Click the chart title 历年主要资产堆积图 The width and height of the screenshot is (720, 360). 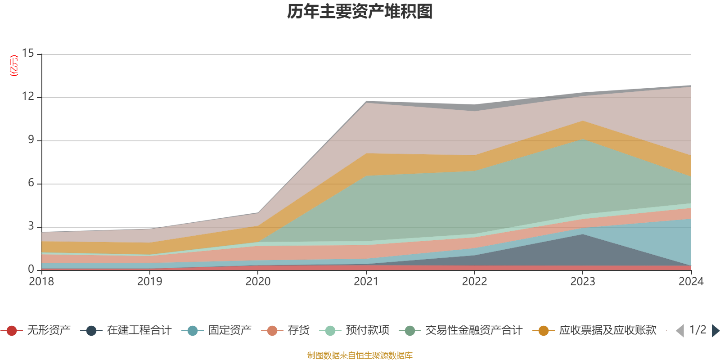tap(360, 12)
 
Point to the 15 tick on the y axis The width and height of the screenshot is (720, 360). tap(28, 53)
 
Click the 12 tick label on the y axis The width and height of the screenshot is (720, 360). tap(28, 96)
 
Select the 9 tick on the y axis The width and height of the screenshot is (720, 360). tap(31, 139)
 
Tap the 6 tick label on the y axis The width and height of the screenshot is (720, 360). tap(31, 183)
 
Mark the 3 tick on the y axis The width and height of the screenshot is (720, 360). tap(31, 226)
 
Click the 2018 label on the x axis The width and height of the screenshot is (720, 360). tap(41, 281)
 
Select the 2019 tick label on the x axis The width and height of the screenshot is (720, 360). tap(149, 281)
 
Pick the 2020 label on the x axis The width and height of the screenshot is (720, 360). tap(258, 281)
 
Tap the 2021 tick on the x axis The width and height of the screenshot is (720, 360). tap(366, 281)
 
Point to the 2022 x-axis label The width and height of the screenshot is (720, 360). tap(474, 281)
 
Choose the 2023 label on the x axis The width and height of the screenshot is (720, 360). tap(583, 281)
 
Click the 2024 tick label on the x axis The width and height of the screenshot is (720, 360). tap(691, 281)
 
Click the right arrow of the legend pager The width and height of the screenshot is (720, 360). tap(715, 331)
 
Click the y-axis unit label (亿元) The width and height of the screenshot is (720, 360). tap(14, 66)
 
